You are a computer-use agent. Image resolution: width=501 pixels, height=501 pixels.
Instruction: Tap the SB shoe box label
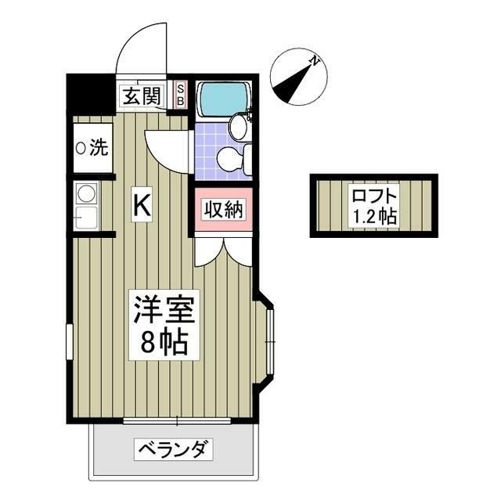(180, 95)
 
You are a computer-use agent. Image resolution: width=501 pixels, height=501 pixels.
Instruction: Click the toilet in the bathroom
(232, 159)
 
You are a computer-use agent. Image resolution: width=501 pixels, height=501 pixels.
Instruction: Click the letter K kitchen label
(142, 204)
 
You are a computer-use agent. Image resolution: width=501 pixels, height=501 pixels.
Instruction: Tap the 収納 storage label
(224, 210)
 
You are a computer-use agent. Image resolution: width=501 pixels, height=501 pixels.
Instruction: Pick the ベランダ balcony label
(174, 450)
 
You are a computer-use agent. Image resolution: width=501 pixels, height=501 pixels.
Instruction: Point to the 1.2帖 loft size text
(373, 217)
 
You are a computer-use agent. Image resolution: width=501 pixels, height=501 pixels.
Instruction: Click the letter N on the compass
(312, 60)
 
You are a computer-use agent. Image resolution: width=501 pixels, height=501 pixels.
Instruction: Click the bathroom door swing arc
(166, 149)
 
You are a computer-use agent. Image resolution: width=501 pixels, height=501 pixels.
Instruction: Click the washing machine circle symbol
(81, 147)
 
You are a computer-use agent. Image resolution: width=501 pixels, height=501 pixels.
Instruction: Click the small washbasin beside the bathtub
(238, 124)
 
